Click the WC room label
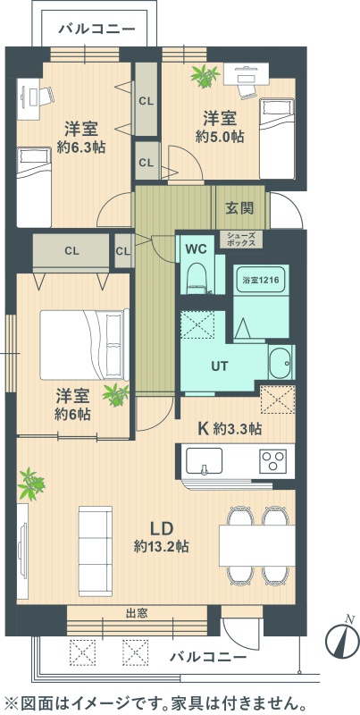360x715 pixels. (197, 248)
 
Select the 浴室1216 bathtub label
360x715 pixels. (260, 282)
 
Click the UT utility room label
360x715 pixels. (219, 366)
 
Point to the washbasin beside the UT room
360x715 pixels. (280, 362)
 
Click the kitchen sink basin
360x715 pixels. (205, 460)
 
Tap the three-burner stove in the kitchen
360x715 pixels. (273, 460)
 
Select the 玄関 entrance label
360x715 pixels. (239, 208)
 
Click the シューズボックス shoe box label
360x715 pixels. (241, 240)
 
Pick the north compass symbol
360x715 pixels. (342, 640)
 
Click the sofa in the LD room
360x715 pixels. (96, 551)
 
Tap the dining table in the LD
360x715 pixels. (256, 545)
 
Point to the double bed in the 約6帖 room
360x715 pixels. (85, 345)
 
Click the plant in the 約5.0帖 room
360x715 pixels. (205, 76)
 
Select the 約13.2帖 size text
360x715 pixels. (162, 546)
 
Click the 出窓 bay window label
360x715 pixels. (137, 613)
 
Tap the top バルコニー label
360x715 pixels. (97, 29)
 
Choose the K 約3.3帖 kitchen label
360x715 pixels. (230, 428)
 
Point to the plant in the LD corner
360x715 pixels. (31, 484)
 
